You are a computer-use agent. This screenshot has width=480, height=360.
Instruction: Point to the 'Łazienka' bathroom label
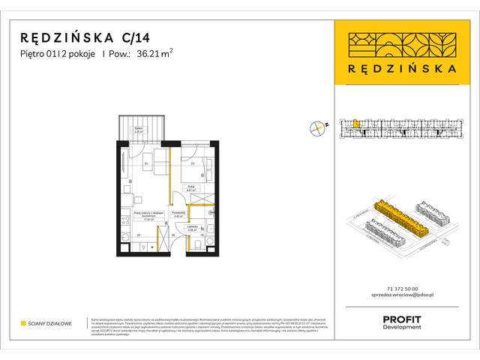tap(193, 227)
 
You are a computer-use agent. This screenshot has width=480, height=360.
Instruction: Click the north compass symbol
tap(317, 127)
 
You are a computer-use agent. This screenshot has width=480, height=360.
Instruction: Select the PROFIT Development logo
tap(401, 322)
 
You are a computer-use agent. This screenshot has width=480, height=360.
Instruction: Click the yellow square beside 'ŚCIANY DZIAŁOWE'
tap(23, 323)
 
